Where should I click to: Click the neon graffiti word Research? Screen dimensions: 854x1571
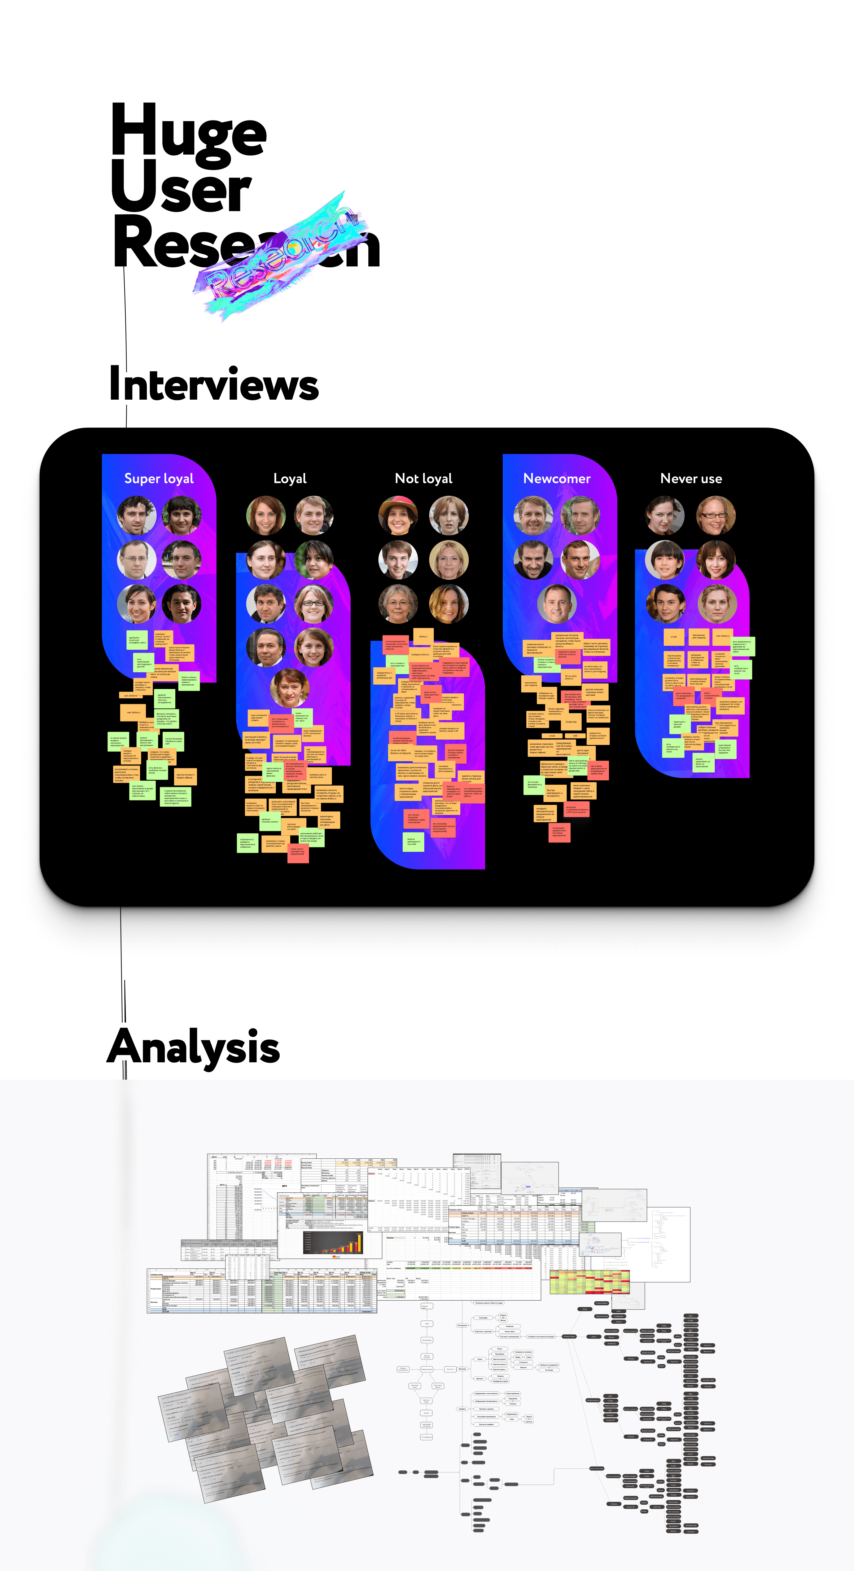(x=280, y=256)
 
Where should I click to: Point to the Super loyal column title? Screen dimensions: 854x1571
(x=159, y=479)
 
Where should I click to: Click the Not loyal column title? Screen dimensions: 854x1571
(x=424, y=479)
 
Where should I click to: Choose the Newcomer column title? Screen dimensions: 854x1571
(x=557, y=479)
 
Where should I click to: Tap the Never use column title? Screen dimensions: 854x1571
(x=691, y=479)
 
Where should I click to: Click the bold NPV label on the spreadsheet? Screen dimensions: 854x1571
(x=284, y=1186)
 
